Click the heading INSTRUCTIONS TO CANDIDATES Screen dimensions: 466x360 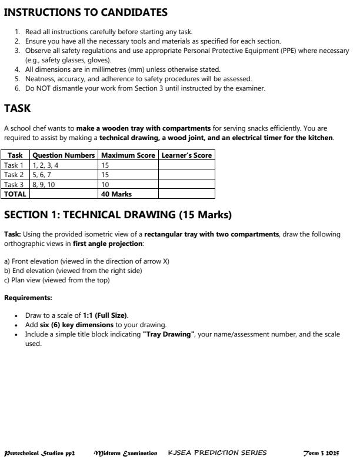coord(86,12)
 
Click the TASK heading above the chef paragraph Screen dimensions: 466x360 coord(17,108)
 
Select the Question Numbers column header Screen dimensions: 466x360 coord(64,155)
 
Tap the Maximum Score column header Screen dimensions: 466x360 coord(128,155)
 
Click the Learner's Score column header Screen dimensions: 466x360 coord(186,155)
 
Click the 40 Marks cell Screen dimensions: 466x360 coord(116,194)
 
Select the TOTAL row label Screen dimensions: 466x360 coord(15,194)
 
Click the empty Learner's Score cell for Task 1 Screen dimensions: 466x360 coord(186,165)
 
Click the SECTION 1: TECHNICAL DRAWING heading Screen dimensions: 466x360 coord(118,215)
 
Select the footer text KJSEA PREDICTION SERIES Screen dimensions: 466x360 coord(217,453)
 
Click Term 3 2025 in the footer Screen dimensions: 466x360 coord(321,453)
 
